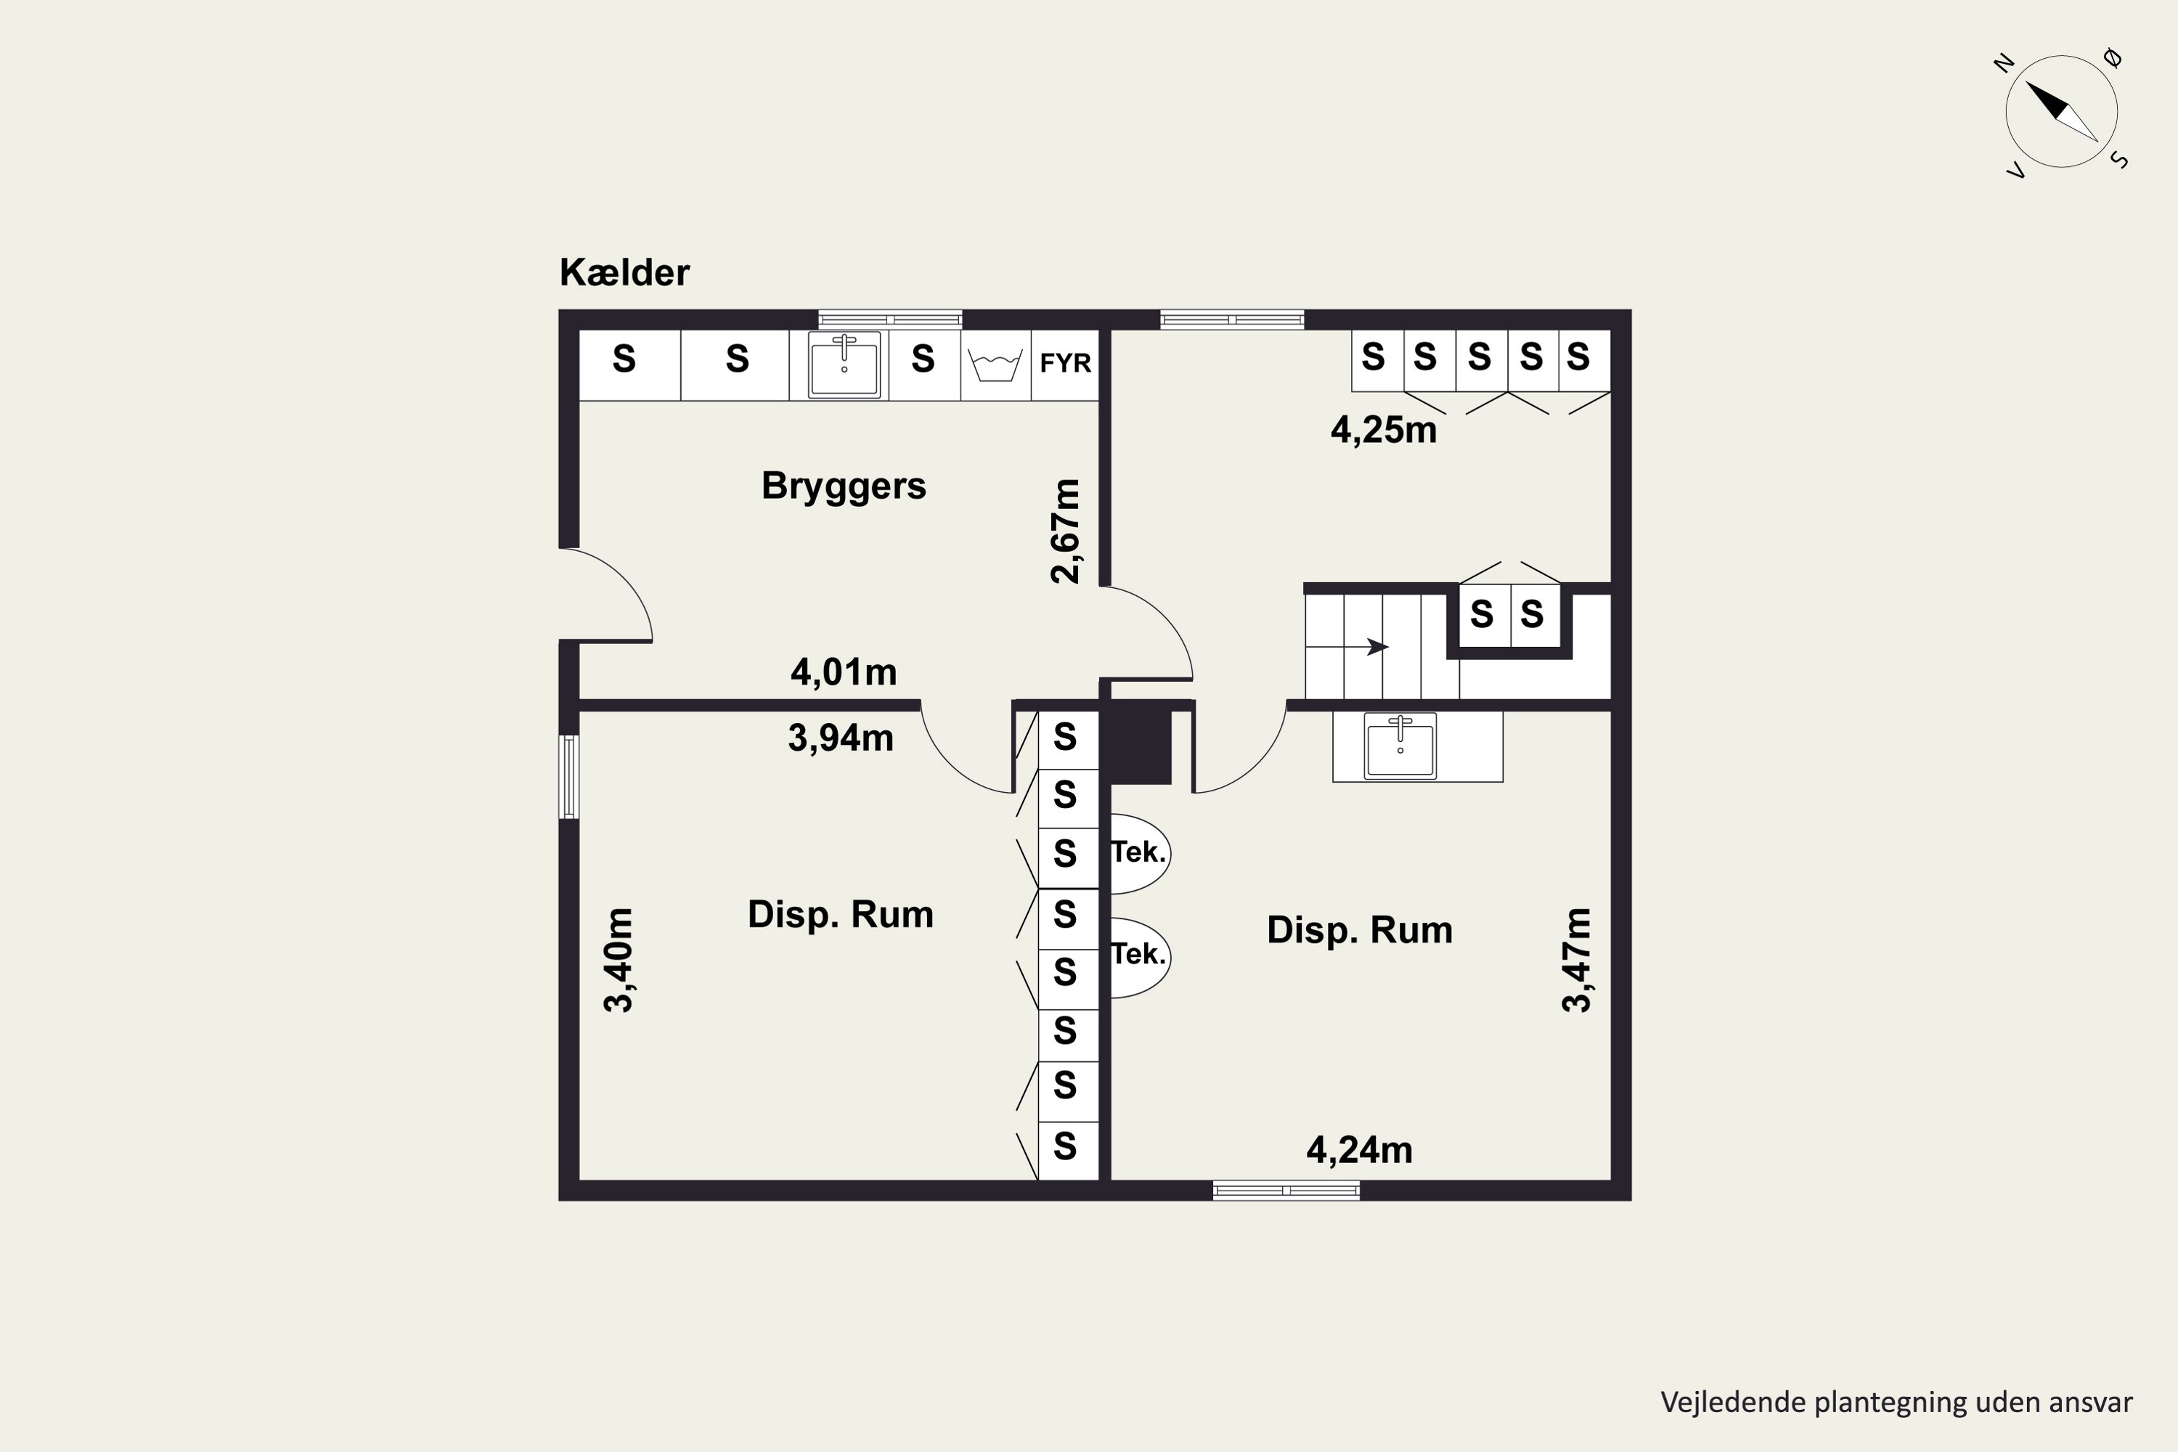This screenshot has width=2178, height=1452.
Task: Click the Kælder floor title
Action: point(624,272)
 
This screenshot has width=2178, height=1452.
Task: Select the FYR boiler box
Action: point(1065,364)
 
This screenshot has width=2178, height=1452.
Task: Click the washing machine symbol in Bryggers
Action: point(995,366)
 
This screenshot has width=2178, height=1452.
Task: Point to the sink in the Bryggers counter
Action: point(844,365)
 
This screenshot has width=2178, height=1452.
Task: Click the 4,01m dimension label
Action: point(844,672)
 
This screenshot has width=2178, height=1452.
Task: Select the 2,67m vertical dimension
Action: point(1066,531)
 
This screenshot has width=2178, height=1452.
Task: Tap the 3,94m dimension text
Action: point(841,738)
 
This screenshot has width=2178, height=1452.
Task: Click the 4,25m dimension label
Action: point(1384,431)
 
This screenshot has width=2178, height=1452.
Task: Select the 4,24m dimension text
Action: point(1359,1150)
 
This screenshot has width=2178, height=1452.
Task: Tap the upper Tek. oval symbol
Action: point(1140,853)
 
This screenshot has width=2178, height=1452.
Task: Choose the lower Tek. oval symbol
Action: point(1140,958)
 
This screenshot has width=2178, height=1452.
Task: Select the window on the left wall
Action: point(569,777)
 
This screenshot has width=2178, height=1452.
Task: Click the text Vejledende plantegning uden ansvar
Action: point(1896,1403)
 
